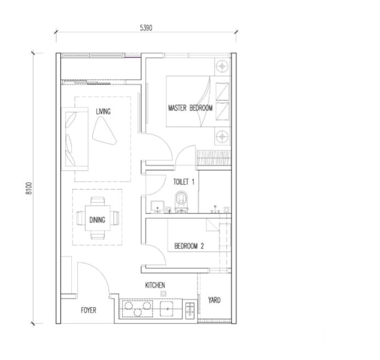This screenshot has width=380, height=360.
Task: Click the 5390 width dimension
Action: (146, 26)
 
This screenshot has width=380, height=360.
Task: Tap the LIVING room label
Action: (103, 111)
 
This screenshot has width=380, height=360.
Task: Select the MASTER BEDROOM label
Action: (190, 108)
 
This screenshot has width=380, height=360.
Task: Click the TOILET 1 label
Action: (183, 180)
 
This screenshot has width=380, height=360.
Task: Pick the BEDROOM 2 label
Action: (189, 246)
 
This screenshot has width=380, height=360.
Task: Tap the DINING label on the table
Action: (97, 220)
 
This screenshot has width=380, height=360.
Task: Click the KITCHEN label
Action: (155, 285)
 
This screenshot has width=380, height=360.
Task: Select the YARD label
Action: (214, 300)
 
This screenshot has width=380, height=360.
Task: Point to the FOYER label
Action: (88, 310)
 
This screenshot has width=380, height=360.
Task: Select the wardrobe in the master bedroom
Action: (215, 155)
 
